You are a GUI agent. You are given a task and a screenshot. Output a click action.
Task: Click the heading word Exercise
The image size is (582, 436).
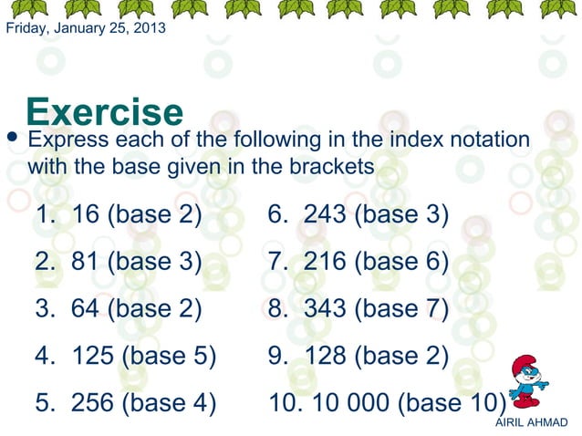(x=105, y=112)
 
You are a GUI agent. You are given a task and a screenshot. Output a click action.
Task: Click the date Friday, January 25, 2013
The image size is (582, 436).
(x=86, y=28)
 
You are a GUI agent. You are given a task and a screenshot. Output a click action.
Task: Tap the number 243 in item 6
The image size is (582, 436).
(x=325, y=215)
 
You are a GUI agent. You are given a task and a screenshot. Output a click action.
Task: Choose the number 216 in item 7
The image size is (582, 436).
(x=325, y=263)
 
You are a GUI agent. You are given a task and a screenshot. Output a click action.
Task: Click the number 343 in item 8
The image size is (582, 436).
(x=325, y=309)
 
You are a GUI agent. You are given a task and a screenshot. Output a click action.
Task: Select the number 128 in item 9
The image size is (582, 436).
(x=325, y=357)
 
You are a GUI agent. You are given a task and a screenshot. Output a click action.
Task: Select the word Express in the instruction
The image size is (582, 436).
(x=68, y=141)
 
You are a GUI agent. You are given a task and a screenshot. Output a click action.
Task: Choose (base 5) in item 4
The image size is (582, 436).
(x=169, y=357)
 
